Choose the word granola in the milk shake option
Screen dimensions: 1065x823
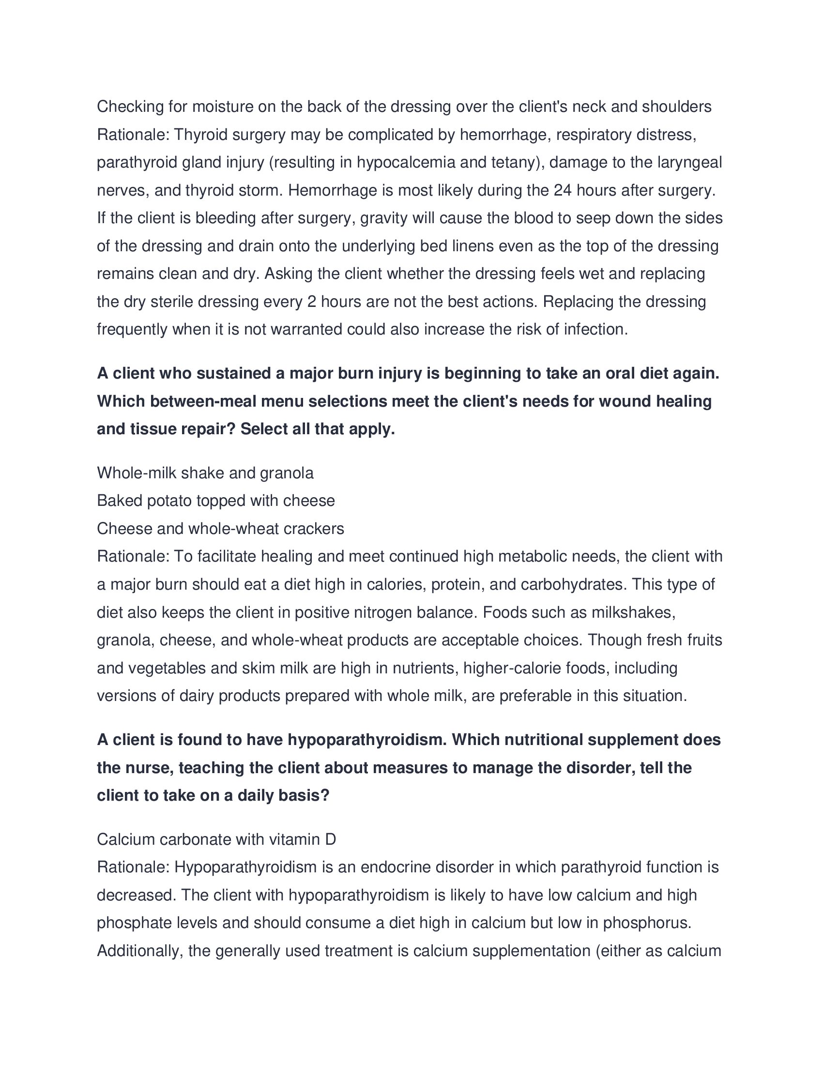click(x=287, y=473)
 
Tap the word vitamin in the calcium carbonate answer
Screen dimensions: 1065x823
click(x=291, y=839)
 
